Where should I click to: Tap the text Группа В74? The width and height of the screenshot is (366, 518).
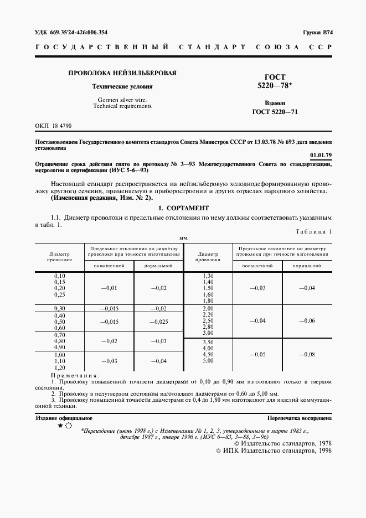coord(317,33)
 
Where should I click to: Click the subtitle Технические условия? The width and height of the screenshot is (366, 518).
coord(122,87)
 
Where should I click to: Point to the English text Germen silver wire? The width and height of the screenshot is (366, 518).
coord(122,100)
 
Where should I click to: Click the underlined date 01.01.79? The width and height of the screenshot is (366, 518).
coord(321,156)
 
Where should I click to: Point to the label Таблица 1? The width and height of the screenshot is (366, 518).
coord(313,232)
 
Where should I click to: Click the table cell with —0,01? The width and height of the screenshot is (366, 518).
coord(109,288)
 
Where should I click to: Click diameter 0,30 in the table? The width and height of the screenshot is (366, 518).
coord(59,308)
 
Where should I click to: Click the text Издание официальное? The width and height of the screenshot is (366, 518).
coord(64,418)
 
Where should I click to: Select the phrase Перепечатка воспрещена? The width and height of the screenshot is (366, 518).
coord(299,419)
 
